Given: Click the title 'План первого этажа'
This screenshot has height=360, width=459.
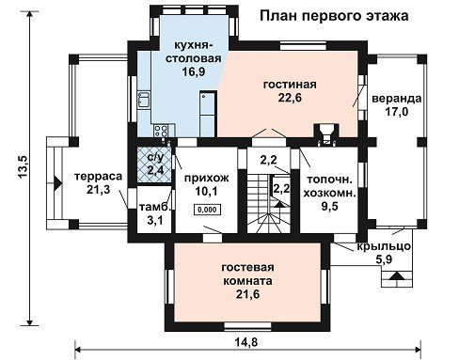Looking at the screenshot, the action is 334,16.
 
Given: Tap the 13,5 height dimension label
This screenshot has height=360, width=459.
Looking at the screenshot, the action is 24,167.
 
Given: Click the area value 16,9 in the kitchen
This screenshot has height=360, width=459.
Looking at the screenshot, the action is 194,71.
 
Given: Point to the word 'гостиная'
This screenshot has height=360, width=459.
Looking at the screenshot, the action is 290,85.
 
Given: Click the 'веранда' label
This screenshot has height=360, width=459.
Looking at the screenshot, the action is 397,99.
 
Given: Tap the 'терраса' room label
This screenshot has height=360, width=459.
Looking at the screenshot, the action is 99,177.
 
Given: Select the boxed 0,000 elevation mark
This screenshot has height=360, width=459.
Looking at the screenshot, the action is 207,210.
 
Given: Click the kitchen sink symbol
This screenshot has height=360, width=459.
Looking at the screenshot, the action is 144,100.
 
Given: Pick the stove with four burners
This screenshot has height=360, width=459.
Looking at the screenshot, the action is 161,131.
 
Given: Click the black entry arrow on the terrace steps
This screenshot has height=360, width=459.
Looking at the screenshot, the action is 57,183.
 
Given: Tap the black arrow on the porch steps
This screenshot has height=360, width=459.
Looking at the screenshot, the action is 396,276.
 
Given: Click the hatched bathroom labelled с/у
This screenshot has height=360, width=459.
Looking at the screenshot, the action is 154,164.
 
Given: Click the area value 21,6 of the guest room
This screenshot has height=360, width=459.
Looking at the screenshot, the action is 247,294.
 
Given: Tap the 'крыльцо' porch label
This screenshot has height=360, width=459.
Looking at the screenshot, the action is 384,246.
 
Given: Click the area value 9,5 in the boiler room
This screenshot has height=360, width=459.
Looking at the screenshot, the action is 329,206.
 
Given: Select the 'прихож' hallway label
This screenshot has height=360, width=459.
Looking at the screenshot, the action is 206,178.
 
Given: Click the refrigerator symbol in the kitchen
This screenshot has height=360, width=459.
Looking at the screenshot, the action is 207,115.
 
